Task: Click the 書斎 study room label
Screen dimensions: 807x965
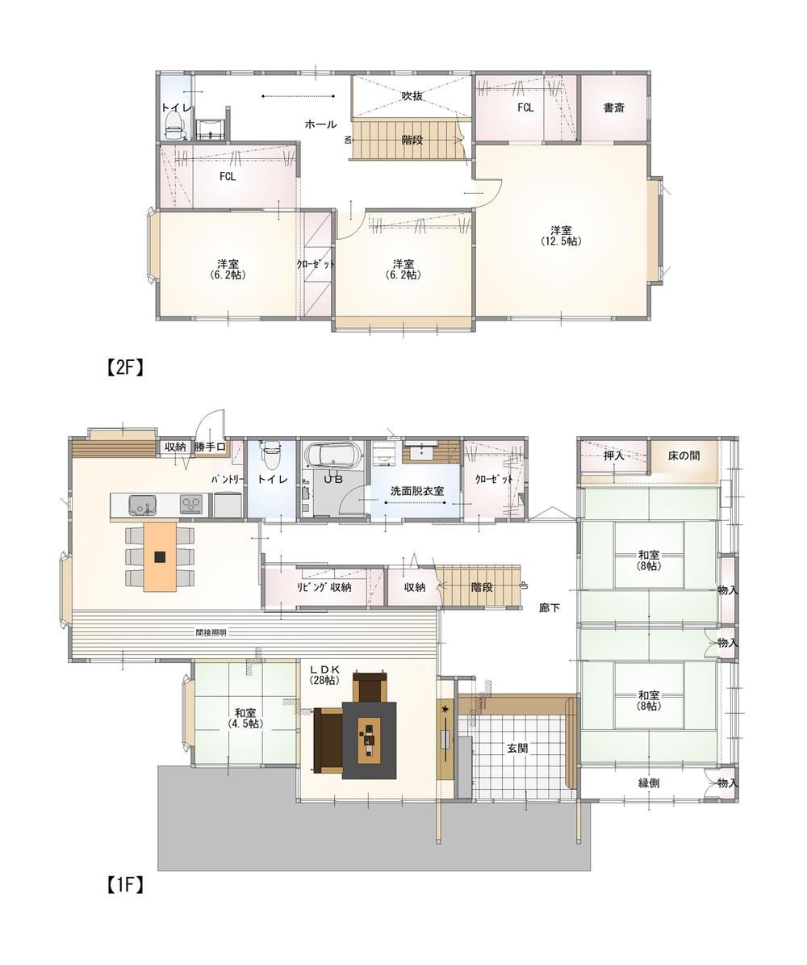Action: click(613, 107)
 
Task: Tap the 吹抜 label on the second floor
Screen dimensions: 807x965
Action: click(412, 96)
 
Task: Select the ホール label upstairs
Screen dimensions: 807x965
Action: click(320, 124)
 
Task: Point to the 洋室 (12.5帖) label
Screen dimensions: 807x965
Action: click(560, 236)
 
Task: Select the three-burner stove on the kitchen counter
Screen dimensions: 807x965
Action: click(191, 506)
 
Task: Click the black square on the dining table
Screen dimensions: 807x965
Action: click(159, 556)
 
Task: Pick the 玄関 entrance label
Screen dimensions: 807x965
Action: click(516, 749)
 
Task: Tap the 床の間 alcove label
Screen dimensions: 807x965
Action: click(684, 456)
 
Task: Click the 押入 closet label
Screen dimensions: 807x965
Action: click(613, 456)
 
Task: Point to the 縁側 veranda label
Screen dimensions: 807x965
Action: click(649, 783)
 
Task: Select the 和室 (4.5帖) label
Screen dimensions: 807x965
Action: click(245, 718)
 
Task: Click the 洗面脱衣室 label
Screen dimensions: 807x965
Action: click(417, 491)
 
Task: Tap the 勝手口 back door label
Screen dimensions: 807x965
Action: click(211, 447)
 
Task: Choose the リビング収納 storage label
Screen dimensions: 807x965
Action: click(324, 587)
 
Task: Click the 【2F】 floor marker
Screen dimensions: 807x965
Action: click(122, 367)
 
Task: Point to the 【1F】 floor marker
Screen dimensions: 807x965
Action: click(122, 885)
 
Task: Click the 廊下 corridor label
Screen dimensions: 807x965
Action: click(550, 608)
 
